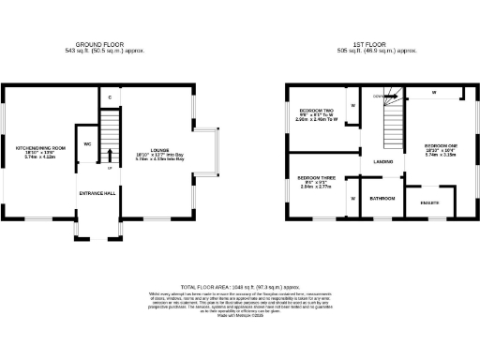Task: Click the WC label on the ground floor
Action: pyautogui.click(x=86, y=144)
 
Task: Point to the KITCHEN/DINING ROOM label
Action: pyautogui.click(x=38, y=148)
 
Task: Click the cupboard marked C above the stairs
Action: pyautogui.click(x=111, y=97)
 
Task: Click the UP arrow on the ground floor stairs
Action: pyautogui.click(x=111, y=157)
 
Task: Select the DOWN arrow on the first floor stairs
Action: pyautogui.click(x=379, y=96)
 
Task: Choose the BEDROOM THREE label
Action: pyautogui.click(x=316, y=177)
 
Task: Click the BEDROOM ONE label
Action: pyautogui.click(x=440, y=145)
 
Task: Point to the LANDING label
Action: pyautogui.click(x=382, y=162)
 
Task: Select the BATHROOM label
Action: pyautogui.click(x=382, y=199)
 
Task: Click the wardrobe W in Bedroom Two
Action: pyautogui.click(x=352, y=105)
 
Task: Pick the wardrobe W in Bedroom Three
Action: pyautogui.click(x=352, y=199)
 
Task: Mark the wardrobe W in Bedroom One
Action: pyautogui.click(x=433, y=93)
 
